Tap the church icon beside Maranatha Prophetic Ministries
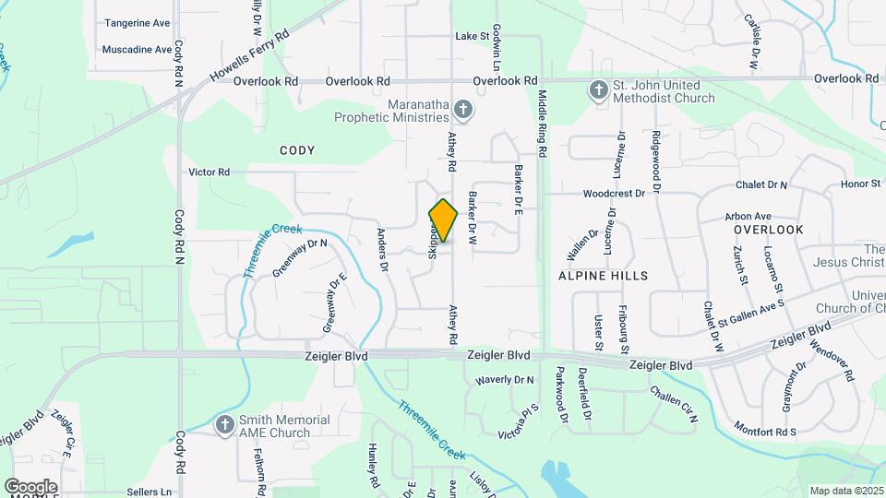[463, 111]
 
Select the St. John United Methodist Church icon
[599, 89]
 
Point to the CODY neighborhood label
[297, 150]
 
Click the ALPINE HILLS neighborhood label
[604, 276]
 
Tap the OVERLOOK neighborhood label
[769, 229]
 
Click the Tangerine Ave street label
[138, 22]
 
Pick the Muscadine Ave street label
[137, 49]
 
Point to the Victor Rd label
[209, 172]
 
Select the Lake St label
[472, 36]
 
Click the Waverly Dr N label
[505, 380]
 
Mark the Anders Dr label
[380, 250]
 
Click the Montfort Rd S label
[765, 431]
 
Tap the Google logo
[30, 486]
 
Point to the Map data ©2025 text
[846, 491]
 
